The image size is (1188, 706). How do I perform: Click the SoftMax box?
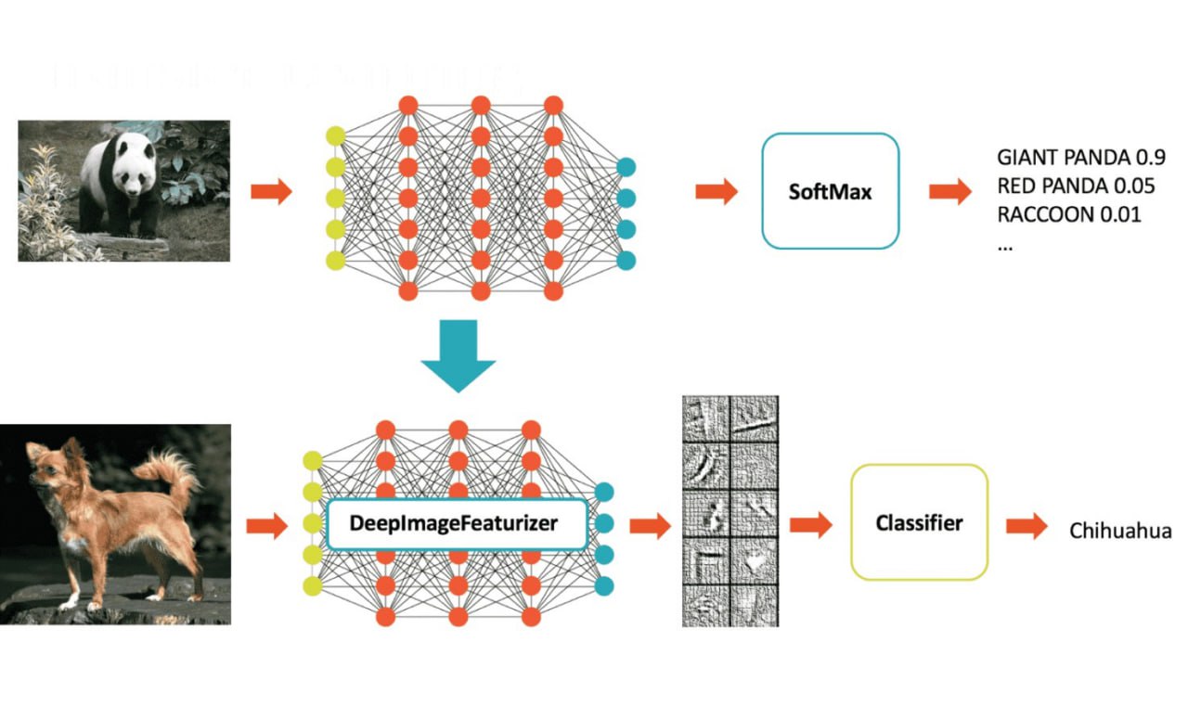pyautogui.click(x=831, y=191)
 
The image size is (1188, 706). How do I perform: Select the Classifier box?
pyautogui.click(x=920, y=522)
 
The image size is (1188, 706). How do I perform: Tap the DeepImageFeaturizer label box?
pyautogui.click(x=456, y=523)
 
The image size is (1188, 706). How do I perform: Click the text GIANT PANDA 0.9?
pyautogui.click(x=1080, y=156)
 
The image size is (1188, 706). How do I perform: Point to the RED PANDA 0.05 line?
pyautogui.click(x=1076, y=186)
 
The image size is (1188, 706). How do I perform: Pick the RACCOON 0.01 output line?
pyautogui.click(x=1068, y=215)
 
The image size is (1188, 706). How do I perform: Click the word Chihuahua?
pyautogui.click(x=1120, y=532)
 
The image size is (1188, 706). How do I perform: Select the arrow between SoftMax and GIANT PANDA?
pyautogui.click(x=949, y=192)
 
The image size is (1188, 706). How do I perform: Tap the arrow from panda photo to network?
pyautogui.click(x=271, y=192)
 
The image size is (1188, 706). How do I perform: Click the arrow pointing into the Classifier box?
pyautogui.click(x=810, y=526)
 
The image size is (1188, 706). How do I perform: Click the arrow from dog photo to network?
pyautogui.click(x=266, y=526)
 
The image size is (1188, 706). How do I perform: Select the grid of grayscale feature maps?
pyautogui.click(x=730, y=511)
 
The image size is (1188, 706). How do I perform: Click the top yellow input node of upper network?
pyautogui.click(x=336, y=137)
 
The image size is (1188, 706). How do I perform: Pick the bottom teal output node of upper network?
pyautogui.click(x=626, y=260)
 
